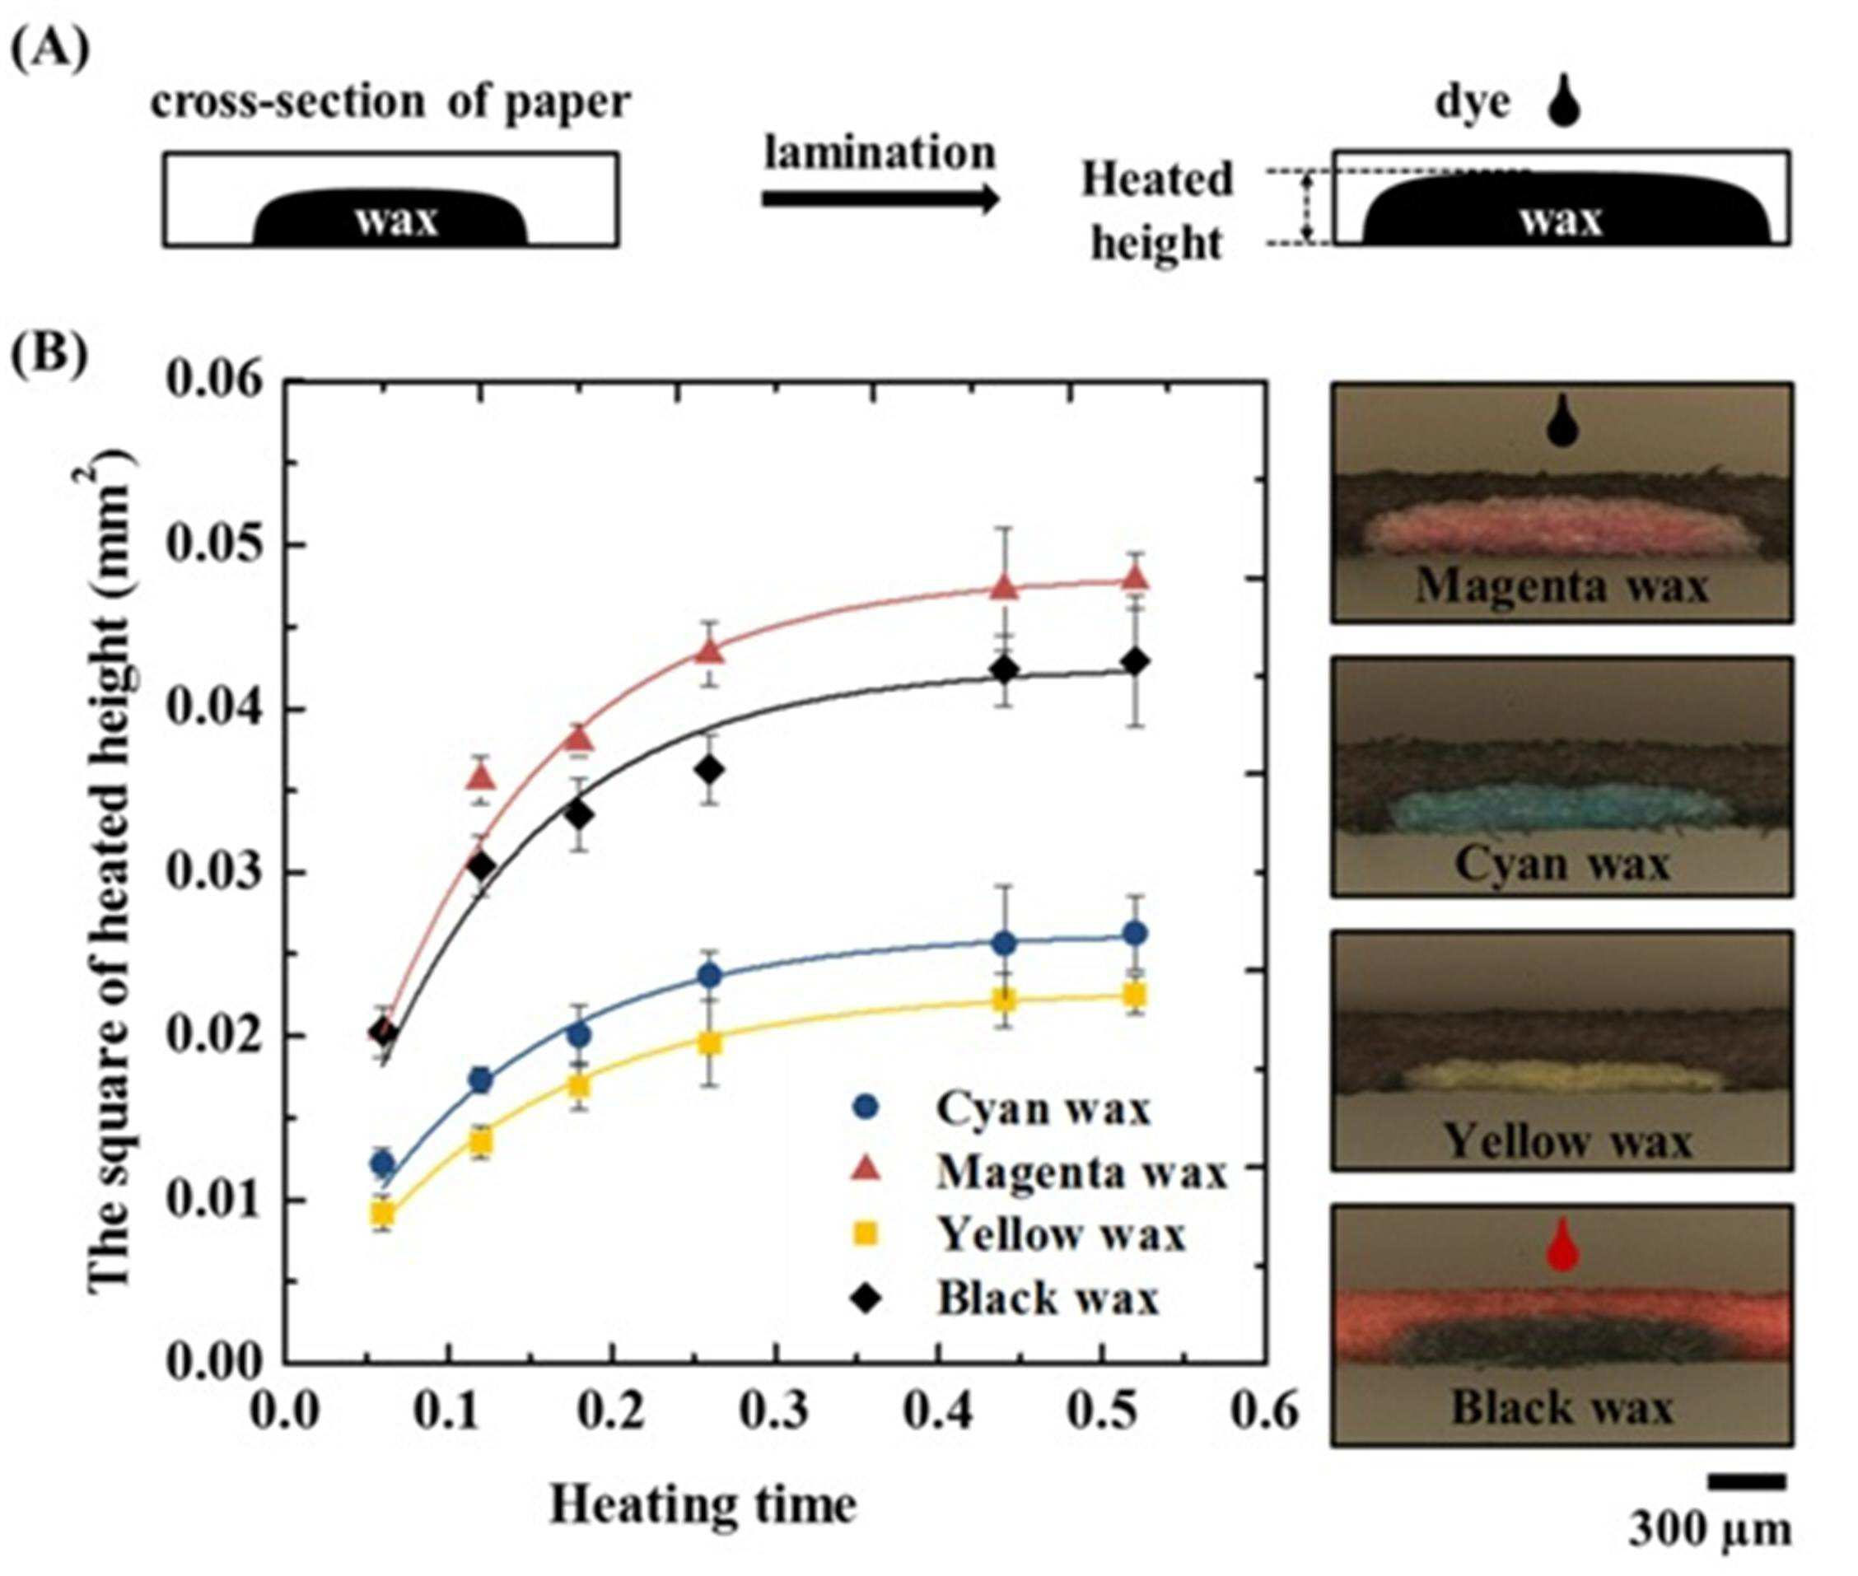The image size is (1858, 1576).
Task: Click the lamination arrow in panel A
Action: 880,198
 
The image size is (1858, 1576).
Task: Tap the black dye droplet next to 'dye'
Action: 1563,101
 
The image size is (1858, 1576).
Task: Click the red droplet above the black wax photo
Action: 1562,1244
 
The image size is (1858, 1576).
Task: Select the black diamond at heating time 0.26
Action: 710,769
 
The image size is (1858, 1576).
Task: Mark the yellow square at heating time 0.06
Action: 384,1212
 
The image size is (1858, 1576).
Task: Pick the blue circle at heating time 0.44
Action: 1005,943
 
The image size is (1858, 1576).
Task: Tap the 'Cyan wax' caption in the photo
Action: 1562,864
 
